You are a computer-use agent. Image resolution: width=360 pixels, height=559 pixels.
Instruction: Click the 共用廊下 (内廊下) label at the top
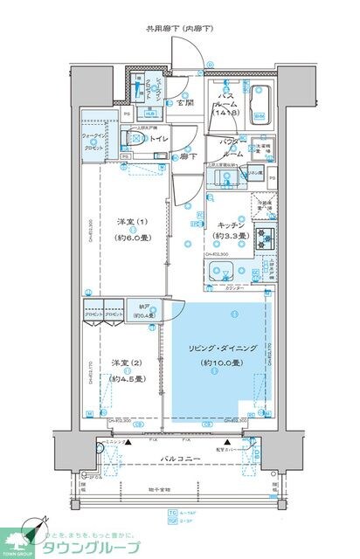coord(179,30)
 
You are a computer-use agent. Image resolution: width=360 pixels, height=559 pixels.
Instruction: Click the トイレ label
coord(157,138)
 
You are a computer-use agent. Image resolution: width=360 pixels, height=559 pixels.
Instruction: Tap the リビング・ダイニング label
coord(215,349)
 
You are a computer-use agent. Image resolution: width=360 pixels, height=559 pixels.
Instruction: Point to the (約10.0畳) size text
coord(216,362)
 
